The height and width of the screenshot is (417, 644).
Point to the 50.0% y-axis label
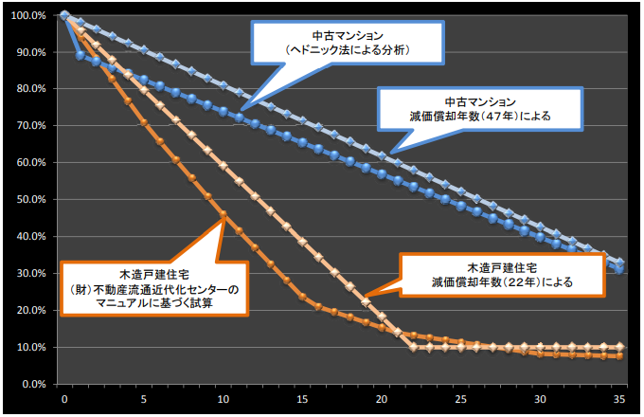(32, 200)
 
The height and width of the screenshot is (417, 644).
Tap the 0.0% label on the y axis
(35, 385)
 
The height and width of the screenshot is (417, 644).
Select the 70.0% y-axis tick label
(32, 126)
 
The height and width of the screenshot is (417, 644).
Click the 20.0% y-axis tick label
(32, 311)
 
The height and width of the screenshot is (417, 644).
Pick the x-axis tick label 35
(619, 399)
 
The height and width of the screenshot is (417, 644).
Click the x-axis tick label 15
(302, 399)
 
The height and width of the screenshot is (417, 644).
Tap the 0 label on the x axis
(63, 399)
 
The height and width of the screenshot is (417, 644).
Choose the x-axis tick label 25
(460, 399)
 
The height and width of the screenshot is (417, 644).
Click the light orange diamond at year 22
(413, 348)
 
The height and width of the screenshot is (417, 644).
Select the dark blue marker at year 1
(80, 55)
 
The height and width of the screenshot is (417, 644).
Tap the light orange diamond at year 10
(223, 165)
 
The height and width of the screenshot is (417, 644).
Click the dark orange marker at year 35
(619, 355)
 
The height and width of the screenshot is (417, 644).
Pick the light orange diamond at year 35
(619, 347)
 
